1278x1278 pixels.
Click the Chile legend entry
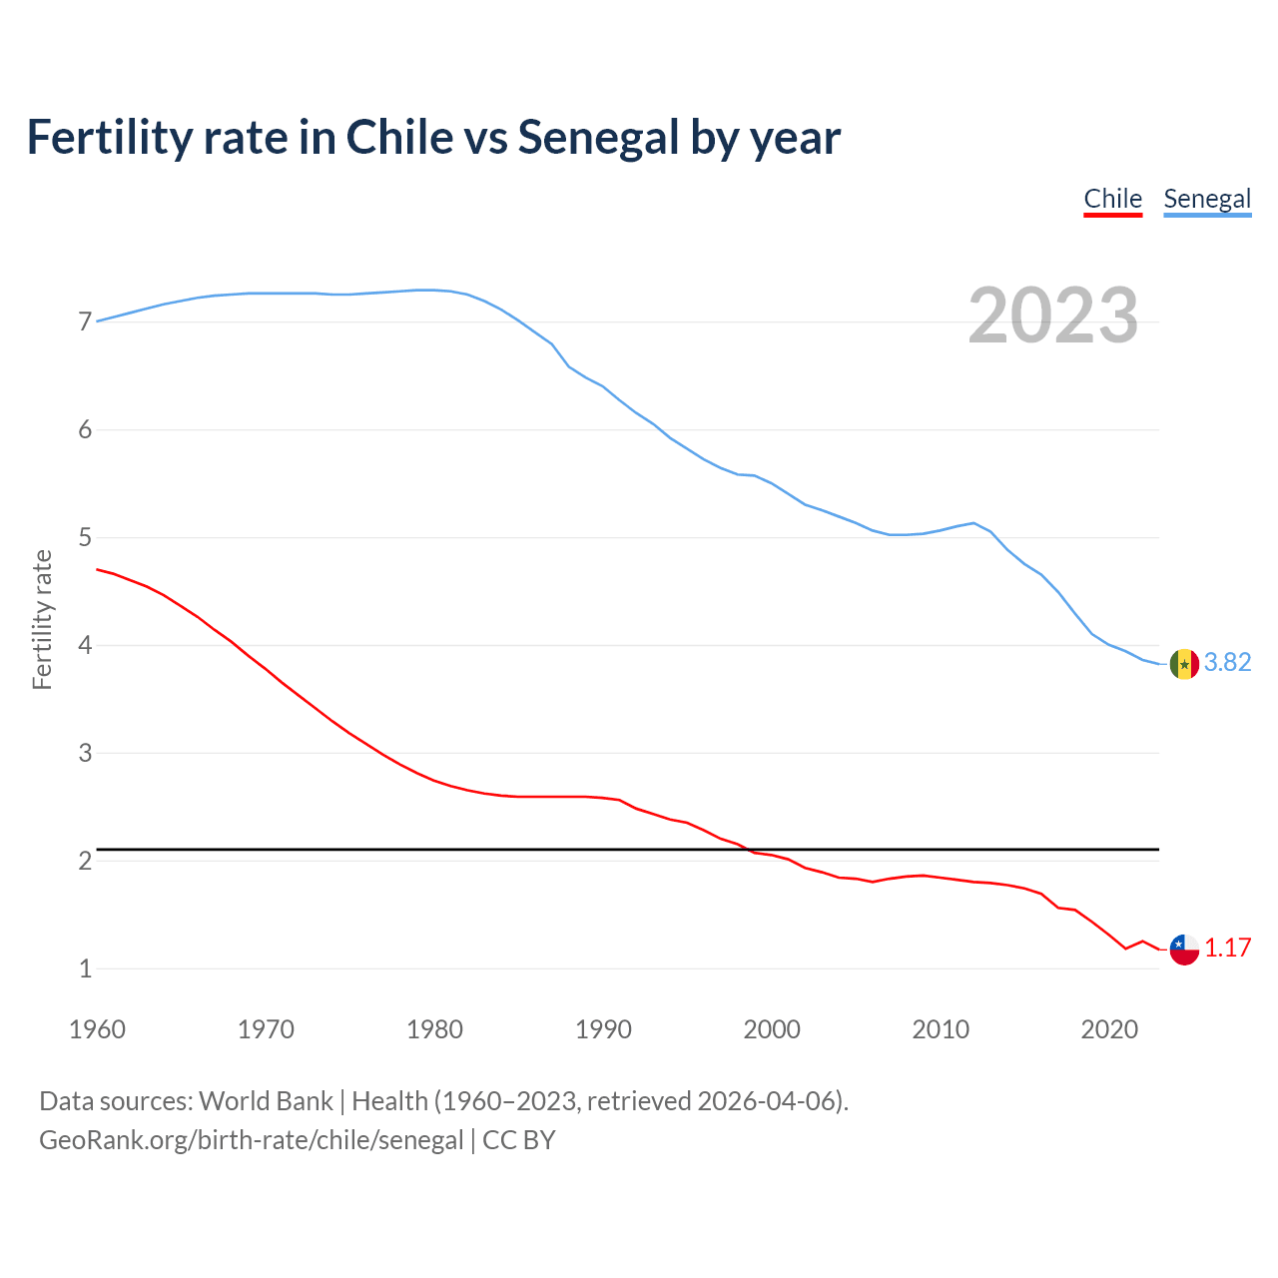1112,199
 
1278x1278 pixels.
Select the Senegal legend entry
1207,199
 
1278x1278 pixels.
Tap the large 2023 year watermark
1052,316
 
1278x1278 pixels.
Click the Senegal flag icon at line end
1184,664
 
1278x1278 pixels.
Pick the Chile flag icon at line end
1184,950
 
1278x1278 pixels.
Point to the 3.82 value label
1227,663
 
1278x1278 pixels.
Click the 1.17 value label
1227,949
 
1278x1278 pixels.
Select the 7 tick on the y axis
85,322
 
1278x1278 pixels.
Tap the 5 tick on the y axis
85,538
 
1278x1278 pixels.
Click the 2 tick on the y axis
85,861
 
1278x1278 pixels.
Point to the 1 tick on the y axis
85,968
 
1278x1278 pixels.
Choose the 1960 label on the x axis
97,1029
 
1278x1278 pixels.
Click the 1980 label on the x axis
434,1029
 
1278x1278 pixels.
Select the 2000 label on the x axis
772,1029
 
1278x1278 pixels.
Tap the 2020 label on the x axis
1109,1029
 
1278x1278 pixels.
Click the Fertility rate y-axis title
42,619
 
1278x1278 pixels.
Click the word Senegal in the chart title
598,138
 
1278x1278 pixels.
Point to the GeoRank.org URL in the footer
251,1140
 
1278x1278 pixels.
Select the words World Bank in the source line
266,1101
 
